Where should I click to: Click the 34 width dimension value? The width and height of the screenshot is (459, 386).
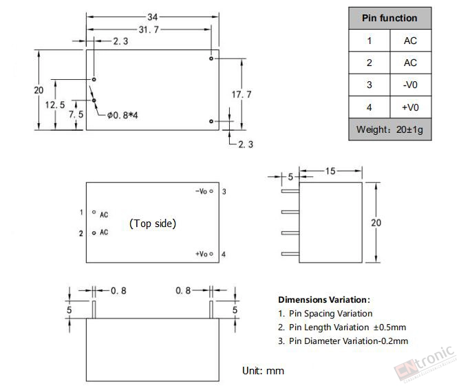coord(153,17)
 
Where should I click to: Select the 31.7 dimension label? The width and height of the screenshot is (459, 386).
coord(149,30)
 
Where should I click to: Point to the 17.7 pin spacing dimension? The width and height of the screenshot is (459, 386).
coord(242,94)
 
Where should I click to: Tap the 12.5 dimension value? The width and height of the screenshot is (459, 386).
coord(55,105)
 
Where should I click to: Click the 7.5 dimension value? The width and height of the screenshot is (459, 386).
coord(76,114)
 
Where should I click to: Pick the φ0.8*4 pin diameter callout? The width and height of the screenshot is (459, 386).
coord(122,116)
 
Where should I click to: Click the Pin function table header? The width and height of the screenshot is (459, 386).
coord(389,18)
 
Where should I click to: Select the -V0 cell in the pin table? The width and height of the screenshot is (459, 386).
coord(410,85)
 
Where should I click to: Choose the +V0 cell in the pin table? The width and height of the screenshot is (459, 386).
coord(410,107)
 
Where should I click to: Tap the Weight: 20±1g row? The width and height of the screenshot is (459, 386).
coord(389,129)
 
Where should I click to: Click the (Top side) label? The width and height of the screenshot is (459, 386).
coord(153,224)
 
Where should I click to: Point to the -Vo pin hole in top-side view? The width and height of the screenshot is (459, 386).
coord(211,191)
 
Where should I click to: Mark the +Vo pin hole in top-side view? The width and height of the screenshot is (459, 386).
coord(211,254)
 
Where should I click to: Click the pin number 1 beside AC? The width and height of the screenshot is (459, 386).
coord(81,212)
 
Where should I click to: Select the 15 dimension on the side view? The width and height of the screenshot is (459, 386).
coord(330,171)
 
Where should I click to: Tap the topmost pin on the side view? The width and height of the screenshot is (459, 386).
coord(290,191)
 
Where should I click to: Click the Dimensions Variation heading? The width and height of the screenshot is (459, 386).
coord(324,300)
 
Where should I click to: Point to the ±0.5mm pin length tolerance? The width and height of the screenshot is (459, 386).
coord(389,328)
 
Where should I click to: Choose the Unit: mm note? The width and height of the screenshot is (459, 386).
coord(263,371)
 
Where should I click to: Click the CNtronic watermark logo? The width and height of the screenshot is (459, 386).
coord(424,365)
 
